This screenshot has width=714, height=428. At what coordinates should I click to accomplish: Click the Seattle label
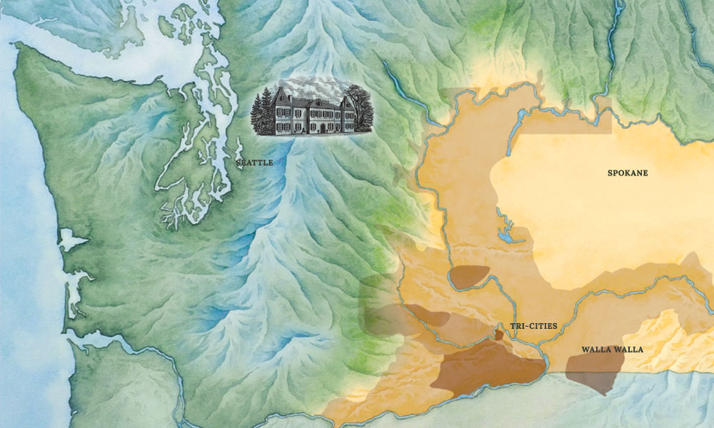click(254, 163)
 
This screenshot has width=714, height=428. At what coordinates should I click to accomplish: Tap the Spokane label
click(628, 173)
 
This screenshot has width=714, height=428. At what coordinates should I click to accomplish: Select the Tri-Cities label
click(533, 326)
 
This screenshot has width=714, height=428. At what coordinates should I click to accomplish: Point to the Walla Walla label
click(612, 350)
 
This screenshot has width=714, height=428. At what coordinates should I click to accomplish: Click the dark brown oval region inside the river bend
click(471, 275)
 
